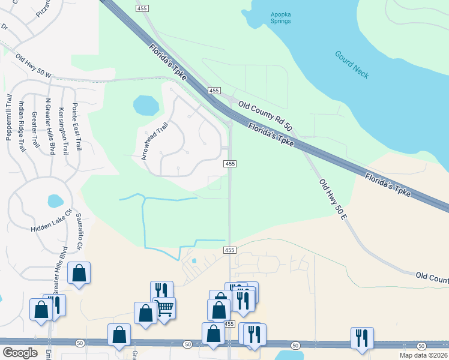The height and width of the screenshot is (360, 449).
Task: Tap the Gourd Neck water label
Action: (x=352, y=64)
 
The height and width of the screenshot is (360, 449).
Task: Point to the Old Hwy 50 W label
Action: (x=34, y=66)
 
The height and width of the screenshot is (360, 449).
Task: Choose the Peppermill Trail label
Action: (x=9, y=117)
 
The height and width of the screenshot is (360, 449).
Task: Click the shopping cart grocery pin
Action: (x=164, y=308)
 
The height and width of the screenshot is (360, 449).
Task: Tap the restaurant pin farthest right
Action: (x=362, y=337)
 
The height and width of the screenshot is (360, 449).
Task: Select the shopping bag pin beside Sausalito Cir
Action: (x=79, y=274)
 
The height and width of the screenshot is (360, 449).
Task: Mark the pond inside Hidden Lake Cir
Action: (x=55, y=200)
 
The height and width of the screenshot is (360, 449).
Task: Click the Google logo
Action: (x=20, y=353)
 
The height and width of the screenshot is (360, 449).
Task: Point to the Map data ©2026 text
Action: (x=424, y=355)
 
